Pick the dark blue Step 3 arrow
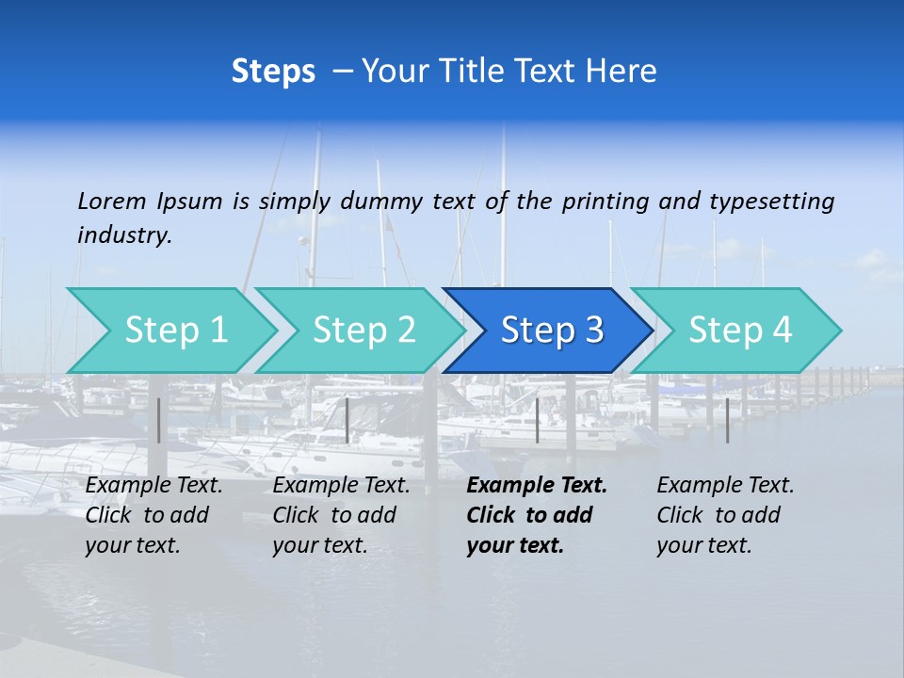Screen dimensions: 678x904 552,331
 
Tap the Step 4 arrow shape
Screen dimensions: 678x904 740,331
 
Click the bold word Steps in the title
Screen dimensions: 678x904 273,71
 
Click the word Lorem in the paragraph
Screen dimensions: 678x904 112,201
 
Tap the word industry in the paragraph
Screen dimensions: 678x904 124,235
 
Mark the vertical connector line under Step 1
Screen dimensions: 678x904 159,420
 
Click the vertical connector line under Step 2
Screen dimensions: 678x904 347,420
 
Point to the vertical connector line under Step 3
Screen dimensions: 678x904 538,420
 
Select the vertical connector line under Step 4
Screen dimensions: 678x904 727,420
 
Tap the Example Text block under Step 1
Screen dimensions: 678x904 153,515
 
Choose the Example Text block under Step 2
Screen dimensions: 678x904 341,515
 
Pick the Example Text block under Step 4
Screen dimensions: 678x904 725,515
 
